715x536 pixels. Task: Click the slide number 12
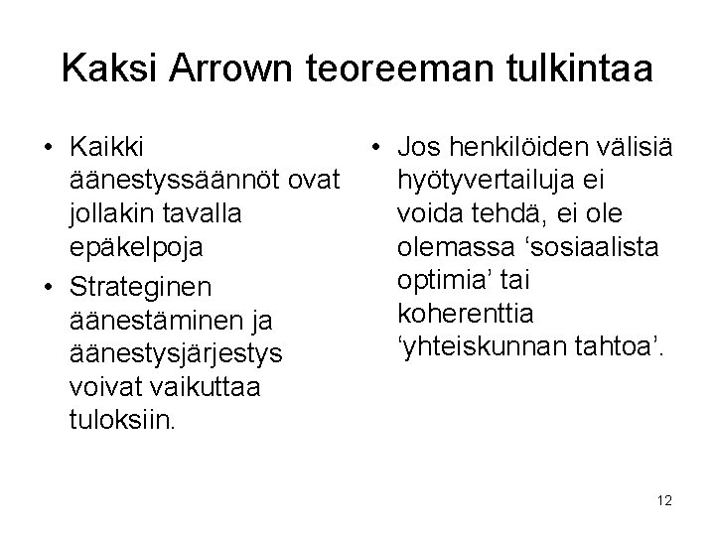tap(664, 501)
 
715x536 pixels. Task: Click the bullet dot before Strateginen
tap(48, 288)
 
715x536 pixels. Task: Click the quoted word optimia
tap(441, 281)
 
